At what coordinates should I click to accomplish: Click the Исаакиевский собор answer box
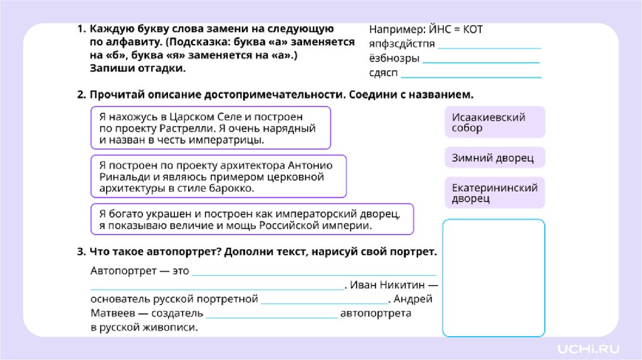(x=495, y=122)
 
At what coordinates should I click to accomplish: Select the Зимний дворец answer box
(x=495, y=157)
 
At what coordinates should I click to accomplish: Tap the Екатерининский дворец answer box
(x=495, y=193)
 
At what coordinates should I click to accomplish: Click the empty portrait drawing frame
(x=493, y=278)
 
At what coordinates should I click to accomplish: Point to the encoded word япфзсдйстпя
(x=401, y=45)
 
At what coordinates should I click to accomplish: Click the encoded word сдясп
(x=384, y=74)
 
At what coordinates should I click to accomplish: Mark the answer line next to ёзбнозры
(x=481, y=62)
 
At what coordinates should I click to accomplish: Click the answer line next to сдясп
(x=471, y=77)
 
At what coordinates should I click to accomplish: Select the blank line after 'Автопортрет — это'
(x=313, y=275)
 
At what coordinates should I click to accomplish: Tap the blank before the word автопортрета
(x=271, y=317)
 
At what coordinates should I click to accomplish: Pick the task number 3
(x=81, y=251)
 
